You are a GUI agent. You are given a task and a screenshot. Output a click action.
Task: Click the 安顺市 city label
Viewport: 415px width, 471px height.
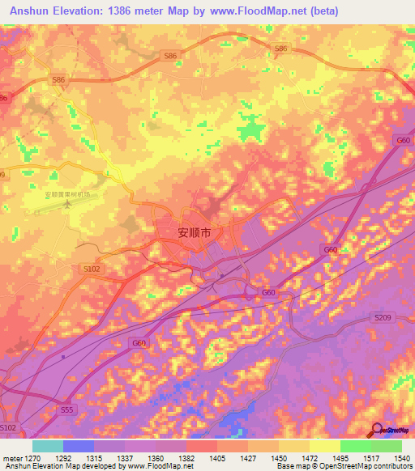tap(195, 232)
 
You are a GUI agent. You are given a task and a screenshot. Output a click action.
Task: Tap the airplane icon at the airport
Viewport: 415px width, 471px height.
tap(67, 203)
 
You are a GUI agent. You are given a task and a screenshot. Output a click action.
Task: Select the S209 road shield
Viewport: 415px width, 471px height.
tap(383, 318)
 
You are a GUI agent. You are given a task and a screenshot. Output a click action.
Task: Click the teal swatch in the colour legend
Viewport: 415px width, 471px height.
tap(48, 446)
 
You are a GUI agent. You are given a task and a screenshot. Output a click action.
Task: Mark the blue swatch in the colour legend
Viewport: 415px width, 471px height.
tap(79, 446)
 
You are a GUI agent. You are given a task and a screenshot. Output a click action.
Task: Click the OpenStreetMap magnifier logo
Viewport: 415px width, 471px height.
tap(377, 431)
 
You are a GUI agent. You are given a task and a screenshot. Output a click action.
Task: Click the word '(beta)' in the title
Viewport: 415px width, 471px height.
tap(323, 11)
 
